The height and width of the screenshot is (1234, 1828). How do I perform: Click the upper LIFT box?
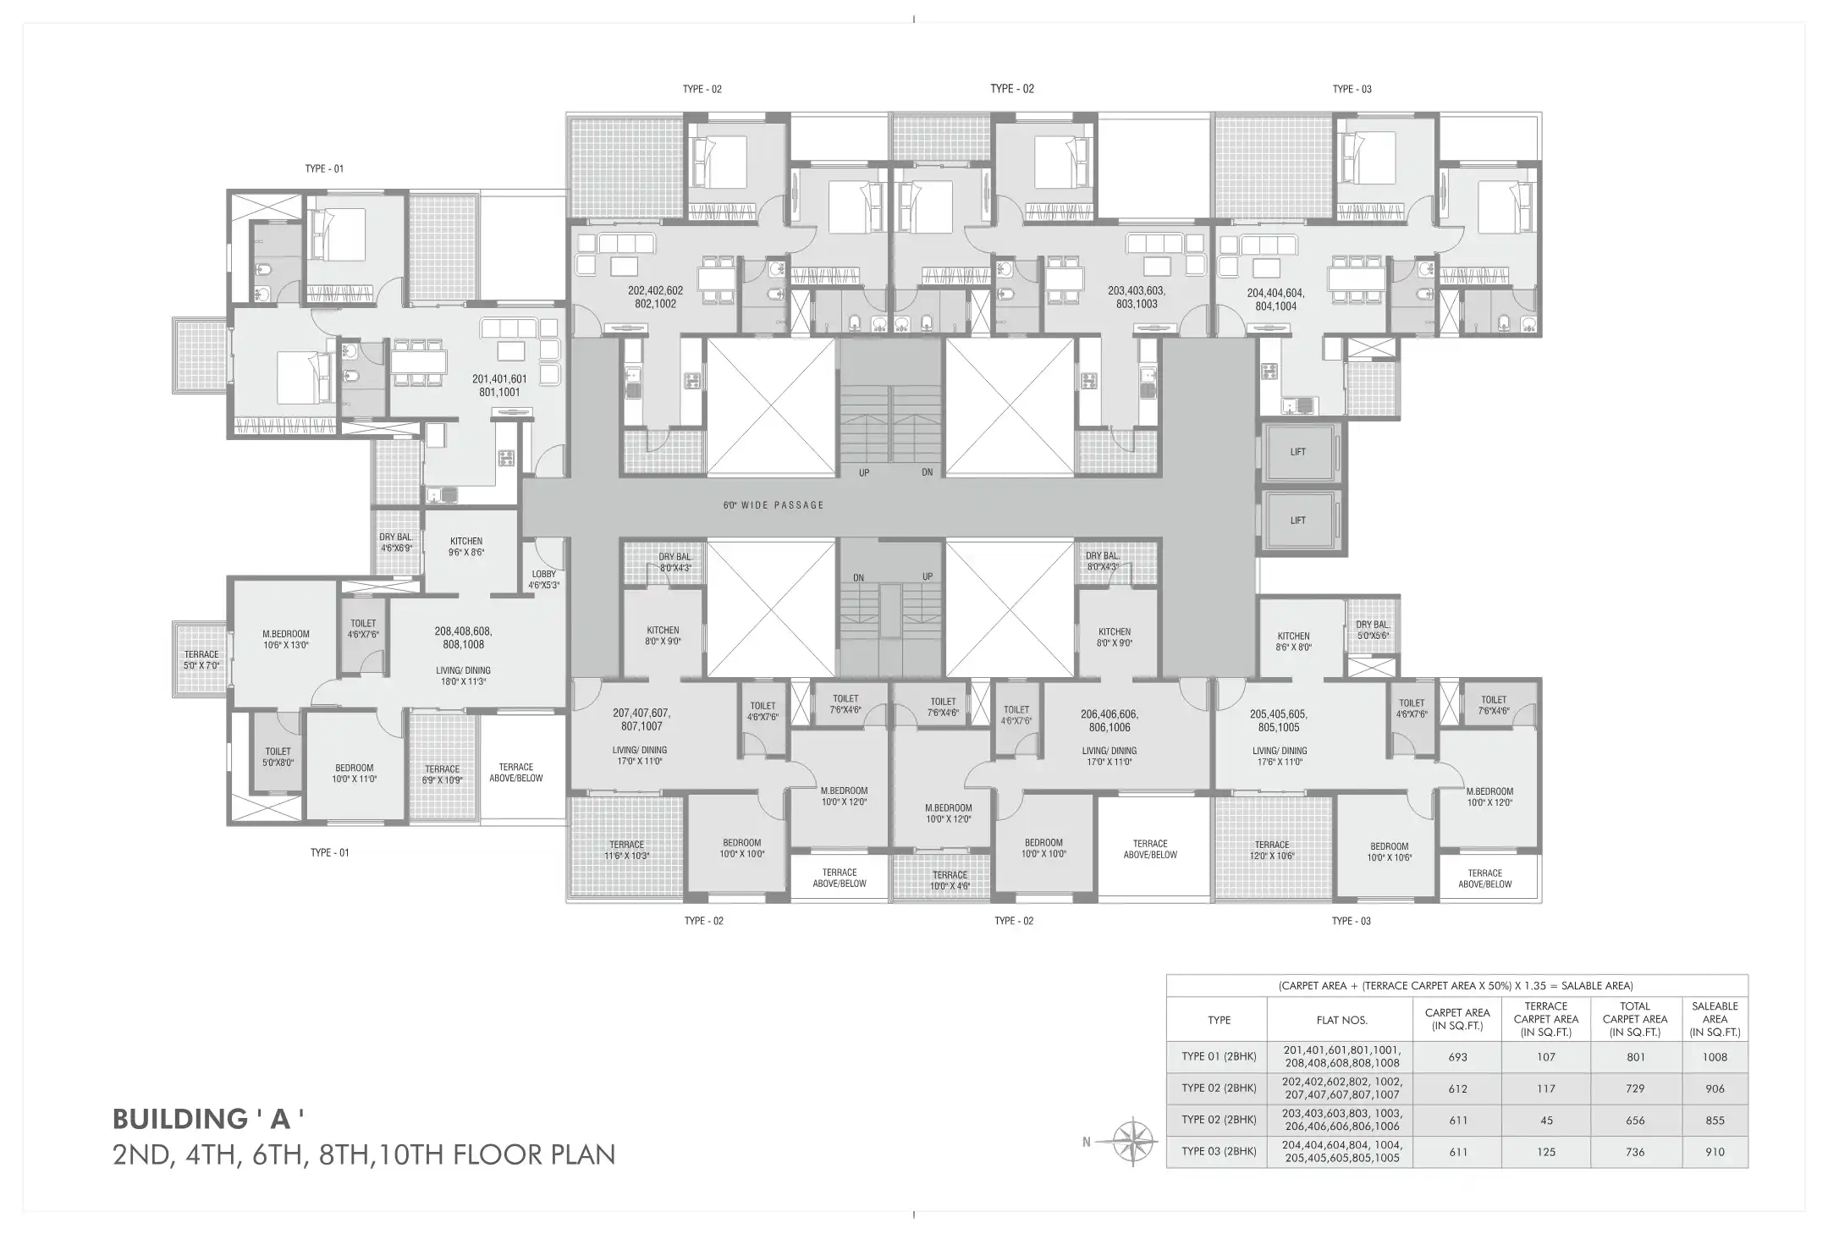pyautogui.click(x=1299, y=452)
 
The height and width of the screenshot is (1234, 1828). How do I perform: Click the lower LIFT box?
pyautogui.click(x=1299, y=521)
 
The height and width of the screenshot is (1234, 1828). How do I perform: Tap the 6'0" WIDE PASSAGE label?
pyautogui.click(x=773, y=505)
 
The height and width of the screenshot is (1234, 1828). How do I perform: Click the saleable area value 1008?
pyautogui.click(x=1715, y=1057)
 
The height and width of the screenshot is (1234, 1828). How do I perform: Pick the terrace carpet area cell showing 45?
pyautogui.click(x=1546, y=1121)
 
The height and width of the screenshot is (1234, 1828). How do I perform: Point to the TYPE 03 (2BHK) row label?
pyautogui.click(x=1219, y=1152)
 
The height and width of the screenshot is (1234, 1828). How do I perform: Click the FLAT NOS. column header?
pyautogui.click(x=1341, y=1020)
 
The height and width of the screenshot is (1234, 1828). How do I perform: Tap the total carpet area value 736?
pyautogui.click(x=1634, y=1152)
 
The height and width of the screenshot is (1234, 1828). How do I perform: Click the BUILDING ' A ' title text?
pyautogui.click(x=208, y=1119)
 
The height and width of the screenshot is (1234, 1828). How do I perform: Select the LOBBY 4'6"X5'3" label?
pyautogui.click(x=544, y=580)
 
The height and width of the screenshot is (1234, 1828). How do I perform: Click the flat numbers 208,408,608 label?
pyautogui.click(x=463, y=631)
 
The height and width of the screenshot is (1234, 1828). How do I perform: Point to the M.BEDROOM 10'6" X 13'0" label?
pyautogui.click(x=286, y=640)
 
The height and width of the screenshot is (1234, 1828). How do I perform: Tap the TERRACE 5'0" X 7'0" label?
pyautogui.click(x=201, y=660)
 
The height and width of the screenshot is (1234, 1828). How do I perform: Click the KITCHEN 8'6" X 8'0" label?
pyautogui.click(x=1293, y=642)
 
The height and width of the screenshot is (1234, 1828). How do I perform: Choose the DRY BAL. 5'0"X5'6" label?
pyautogui.click(x=1372, y=631)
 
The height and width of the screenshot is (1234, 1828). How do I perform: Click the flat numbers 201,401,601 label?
pyautogui.click(x=499, y=380)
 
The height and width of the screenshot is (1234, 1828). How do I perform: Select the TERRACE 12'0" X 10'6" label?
pyautogui.click(x=1272, y=851)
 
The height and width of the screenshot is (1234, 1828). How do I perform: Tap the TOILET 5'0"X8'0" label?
pyautogui.click(x=278, y=757)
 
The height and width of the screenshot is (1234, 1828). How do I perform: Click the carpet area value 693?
pyautogui.click(x=1457, y=1057)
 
